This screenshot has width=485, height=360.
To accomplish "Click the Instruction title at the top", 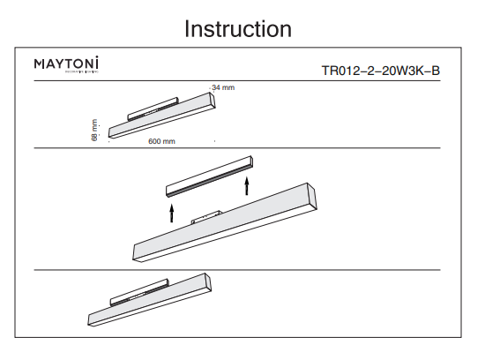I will point(237,28).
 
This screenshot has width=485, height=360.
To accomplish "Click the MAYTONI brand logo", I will point(66,64).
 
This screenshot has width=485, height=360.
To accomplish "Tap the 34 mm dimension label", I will point(223,87).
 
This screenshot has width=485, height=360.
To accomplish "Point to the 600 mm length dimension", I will point(161,141).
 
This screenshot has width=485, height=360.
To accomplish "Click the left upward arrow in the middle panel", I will point(172,213).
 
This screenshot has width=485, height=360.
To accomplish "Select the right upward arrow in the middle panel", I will point(247,184).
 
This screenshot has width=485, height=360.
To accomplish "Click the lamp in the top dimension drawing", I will point(163,120).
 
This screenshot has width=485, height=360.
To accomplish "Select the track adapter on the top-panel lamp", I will point(149,110).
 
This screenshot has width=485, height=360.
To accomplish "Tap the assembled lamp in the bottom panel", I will point(150,304).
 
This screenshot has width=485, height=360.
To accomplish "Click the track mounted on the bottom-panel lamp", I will point(137,295).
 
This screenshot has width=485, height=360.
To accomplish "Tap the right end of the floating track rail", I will point(250,162).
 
